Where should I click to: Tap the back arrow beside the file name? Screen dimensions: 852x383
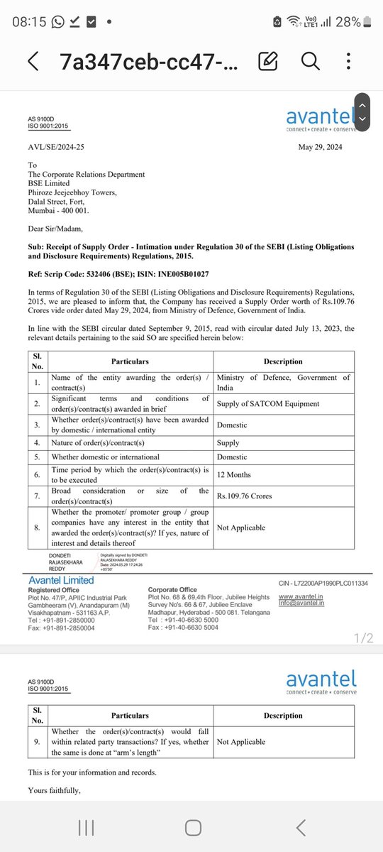(33, 61)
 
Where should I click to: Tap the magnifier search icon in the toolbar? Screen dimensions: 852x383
(311, 61)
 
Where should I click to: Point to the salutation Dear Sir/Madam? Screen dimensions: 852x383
(55, 229)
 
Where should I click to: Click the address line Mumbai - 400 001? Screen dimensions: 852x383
(59, 211)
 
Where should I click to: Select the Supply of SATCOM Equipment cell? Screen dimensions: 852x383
(268, 403)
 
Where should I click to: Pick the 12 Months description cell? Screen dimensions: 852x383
(234, 474)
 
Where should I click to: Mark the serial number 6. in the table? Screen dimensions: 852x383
(38, 474)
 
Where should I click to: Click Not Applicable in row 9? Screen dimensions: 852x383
(241, 742)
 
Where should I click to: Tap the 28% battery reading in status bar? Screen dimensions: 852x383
(348, 22)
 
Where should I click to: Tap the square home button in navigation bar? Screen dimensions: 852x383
(192, 827)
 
